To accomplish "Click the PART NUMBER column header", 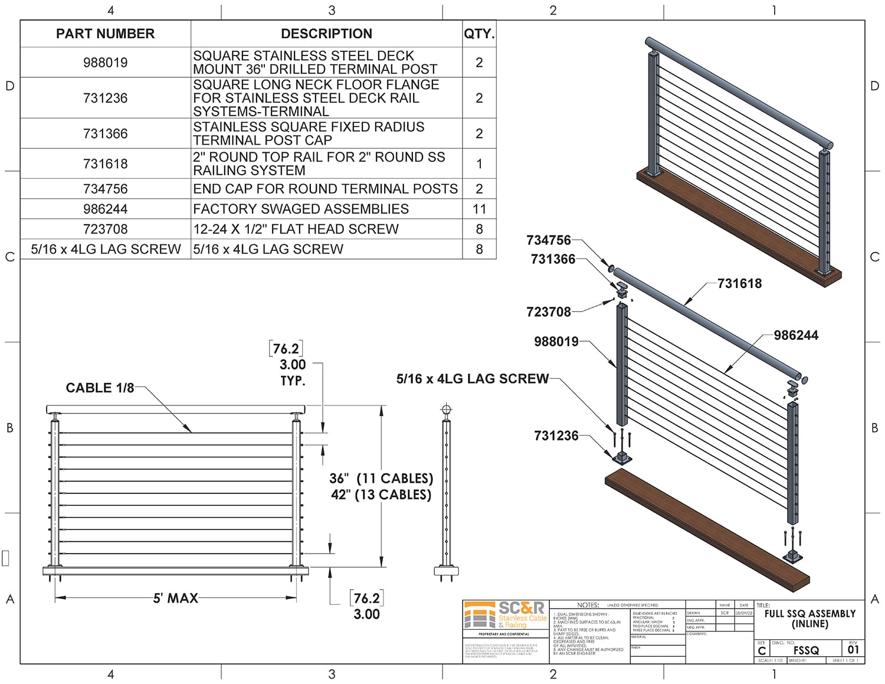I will pyautogui.click(x=105, y=34).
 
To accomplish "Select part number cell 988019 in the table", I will pyautogui.click(x=105, y=63).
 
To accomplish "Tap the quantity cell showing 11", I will pyautogui.click(x=479, y=209).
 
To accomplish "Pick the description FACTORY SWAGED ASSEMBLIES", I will pyautogui.click(x=301, y=209).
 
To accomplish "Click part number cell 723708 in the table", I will pyautogui.click(x=105, y=229).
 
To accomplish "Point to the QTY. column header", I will pyautogui.click(x=479, y=34).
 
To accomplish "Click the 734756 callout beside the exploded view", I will pyautogui.click(x=549, y=240).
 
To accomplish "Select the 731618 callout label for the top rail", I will pyautogui.click(x=739, y=283).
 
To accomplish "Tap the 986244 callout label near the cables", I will pyautogui.click(x=796, y=335).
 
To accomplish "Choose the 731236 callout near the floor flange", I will pyautogui.click(x=556, y=436).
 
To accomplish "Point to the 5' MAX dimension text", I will pyautogui.click(x=176, y=598).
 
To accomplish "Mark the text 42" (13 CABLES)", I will pyautogui.click(x=381, y=495).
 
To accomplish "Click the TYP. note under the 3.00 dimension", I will pyautogui.click(x=293, y=381).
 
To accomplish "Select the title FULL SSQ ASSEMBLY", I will pyautogui.click(x=809, y=614).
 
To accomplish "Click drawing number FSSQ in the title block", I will pyautogui.click(x=806, y=650).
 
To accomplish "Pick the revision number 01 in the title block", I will pyautogui.click(x=853, y=650).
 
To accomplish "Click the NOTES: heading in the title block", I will pyautogui.click(x=588, y=605).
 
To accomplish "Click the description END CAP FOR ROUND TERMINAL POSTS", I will pyautogui.click(x=326, y=189).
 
